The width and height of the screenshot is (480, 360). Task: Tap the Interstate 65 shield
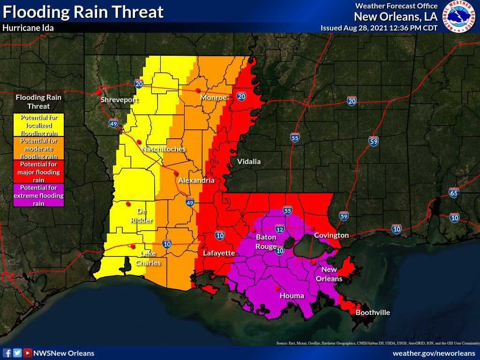click(453, 193)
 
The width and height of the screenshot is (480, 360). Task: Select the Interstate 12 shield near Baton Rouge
click(280, 229)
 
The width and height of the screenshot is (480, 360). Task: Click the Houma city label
click(292, 296)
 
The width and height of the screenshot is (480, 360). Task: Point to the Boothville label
click(373, 313)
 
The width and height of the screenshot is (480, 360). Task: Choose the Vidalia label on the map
click(248, 162)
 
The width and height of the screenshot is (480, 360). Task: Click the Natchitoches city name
click(163, 149)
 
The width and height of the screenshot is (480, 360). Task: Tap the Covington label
click(331, 235)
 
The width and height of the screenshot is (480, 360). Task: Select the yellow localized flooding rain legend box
click(39, 126)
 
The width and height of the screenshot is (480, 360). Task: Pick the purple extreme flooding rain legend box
click(39, 195)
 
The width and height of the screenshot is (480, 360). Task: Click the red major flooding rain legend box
click(39, 172)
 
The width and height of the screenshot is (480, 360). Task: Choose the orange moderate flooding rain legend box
click(39, 149)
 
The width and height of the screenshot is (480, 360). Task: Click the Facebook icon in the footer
click(7, 353)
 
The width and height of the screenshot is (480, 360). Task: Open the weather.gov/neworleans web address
click(434, 353)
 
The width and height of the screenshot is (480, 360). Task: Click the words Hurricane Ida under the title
click(28, 28)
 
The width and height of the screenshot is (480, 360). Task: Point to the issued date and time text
click(379, 28)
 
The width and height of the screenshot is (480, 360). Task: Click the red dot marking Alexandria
click(176, 173)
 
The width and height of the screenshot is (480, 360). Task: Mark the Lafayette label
click(218, 253)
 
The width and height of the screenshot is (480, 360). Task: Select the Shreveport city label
click(120, 100)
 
